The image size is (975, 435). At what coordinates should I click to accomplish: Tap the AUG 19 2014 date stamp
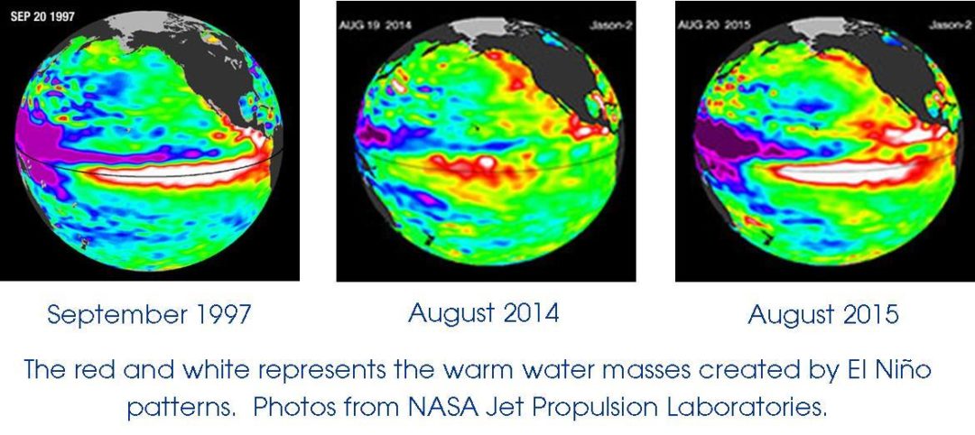(x=375, y=25)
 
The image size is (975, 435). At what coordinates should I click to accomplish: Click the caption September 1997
(x=149, y=315)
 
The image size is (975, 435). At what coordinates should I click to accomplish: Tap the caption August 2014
(x=483, y=313)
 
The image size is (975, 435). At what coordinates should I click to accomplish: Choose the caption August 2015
(x=823, y=315)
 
